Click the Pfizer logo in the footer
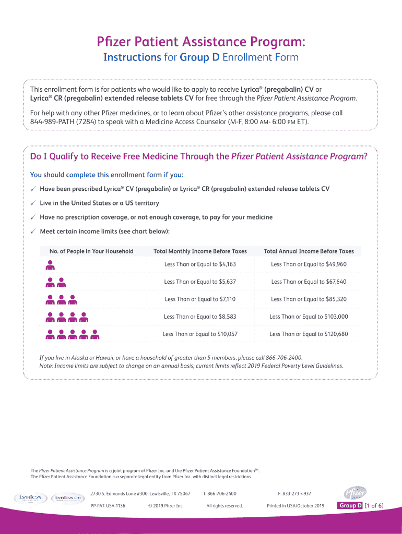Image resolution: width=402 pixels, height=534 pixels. click(x=355, y=493)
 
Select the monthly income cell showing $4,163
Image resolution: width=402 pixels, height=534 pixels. click(x=200, y=264)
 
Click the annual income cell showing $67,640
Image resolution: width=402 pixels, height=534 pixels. click(x=309, y=282)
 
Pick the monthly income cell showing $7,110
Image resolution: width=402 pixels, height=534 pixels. click(x=200, y=299)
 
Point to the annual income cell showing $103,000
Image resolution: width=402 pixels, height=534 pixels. click(x=309, y=317)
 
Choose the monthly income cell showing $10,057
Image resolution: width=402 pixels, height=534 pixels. click(x=200, y=334)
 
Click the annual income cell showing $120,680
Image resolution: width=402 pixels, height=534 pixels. click(x=309, y=334)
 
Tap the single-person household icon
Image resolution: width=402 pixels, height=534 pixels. click(x=50, y=265)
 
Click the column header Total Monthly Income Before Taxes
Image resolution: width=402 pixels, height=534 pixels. click(x=200, y=251)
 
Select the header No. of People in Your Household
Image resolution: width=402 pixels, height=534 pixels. click(x=91, y=251)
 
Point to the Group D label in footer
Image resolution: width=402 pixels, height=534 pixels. click(x=350, y=506)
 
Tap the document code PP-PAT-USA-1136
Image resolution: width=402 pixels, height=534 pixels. click(x=108, y=506)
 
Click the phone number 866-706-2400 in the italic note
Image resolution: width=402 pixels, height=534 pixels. click(x=282, y=358)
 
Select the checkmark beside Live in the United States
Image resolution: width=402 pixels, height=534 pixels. click(x=32, y=203)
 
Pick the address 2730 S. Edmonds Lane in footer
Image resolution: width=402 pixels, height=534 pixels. click(x=140, y=493)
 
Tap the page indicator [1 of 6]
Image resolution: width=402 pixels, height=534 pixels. click(x=374, y=506)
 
